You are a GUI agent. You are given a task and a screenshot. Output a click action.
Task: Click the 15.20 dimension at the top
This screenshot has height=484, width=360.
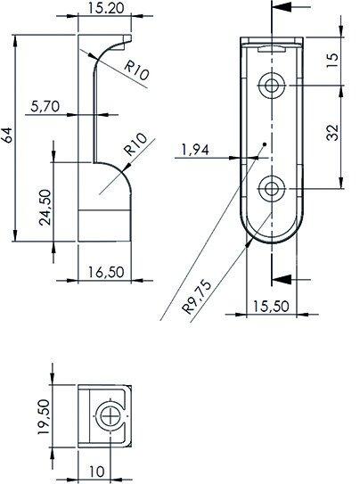tap(105, 9)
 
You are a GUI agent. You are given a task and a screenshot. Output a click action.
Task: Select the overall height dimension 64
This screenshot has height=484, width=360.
tap(9, 135)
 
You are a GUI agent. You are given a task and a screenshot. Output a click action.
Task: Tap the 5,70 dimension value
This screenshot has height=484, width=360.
tap(45, 105)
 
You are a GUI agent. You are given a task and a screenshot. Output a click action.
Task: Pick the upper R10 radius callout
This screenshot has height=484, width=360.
tap(135, 72)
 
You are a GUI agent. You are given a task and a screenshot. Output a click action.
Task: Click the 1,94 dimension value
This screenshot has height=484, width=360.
tap(194, 149)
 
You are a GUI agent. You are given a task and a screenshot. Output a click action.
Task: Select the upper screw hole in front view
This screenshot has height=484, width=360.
tap(271, 86)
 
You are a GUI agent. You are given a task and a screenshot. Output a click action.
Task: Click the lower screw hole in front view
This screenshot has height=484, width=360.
tap(271, 188)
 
